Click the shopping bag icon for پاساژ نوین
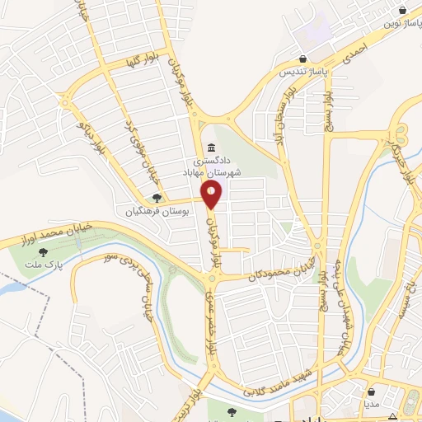coord(402,11)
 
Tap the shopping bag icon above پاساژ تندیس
coord(303,59)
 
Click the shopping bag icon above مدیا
coord(373,392)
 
